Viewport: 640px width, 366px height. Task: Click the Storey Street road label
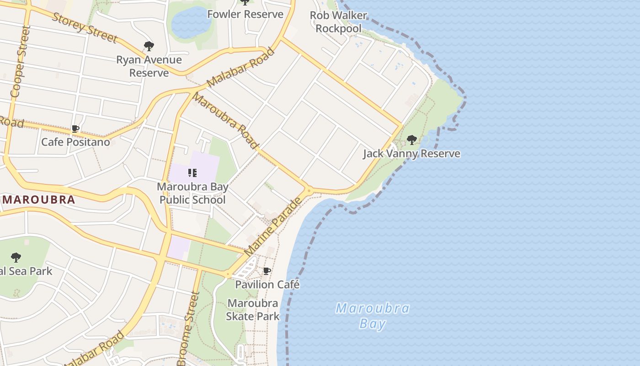click(85, 28)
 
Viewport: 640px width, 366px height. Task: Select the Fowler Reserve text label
click(245, 14)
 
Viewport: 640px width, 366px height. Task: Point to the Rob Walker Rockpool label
click(338, 22)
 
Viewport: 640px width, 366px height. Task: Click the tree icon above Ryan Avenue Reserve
click(149, 46)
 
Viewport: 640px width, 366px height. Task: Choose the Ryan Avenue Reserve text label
click(149, 66)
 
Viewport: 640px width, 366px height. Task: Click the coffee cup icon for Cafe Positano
click(75, 129)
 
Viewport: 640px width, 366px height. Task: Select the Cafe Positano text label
click(75, 142)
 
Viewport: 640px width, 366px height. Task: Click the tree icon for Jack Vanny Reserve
click(411, 140)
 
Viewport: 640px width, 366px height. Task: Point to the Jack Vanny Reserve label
click(411, 154)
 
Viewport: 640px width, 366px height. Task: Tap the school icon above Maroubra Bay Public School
click(192, 173)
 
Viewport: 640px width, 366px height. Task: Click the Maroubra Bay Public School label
click(192, 194)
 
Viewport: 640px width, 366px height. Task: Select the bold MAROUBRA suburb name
click(39, 200)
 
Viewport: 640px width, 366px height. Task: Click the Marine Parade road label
click(273, 227)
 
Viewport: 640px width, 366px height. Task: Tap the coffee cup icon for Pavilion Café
click(267, 271)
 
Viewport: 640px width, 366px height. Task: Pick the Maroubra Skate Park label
click(253, 310)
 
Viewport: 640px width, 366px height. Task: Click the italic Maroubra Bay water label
click(372, 316)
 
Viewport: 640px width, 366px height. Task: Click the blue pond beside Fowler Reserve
click(191, 22)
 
